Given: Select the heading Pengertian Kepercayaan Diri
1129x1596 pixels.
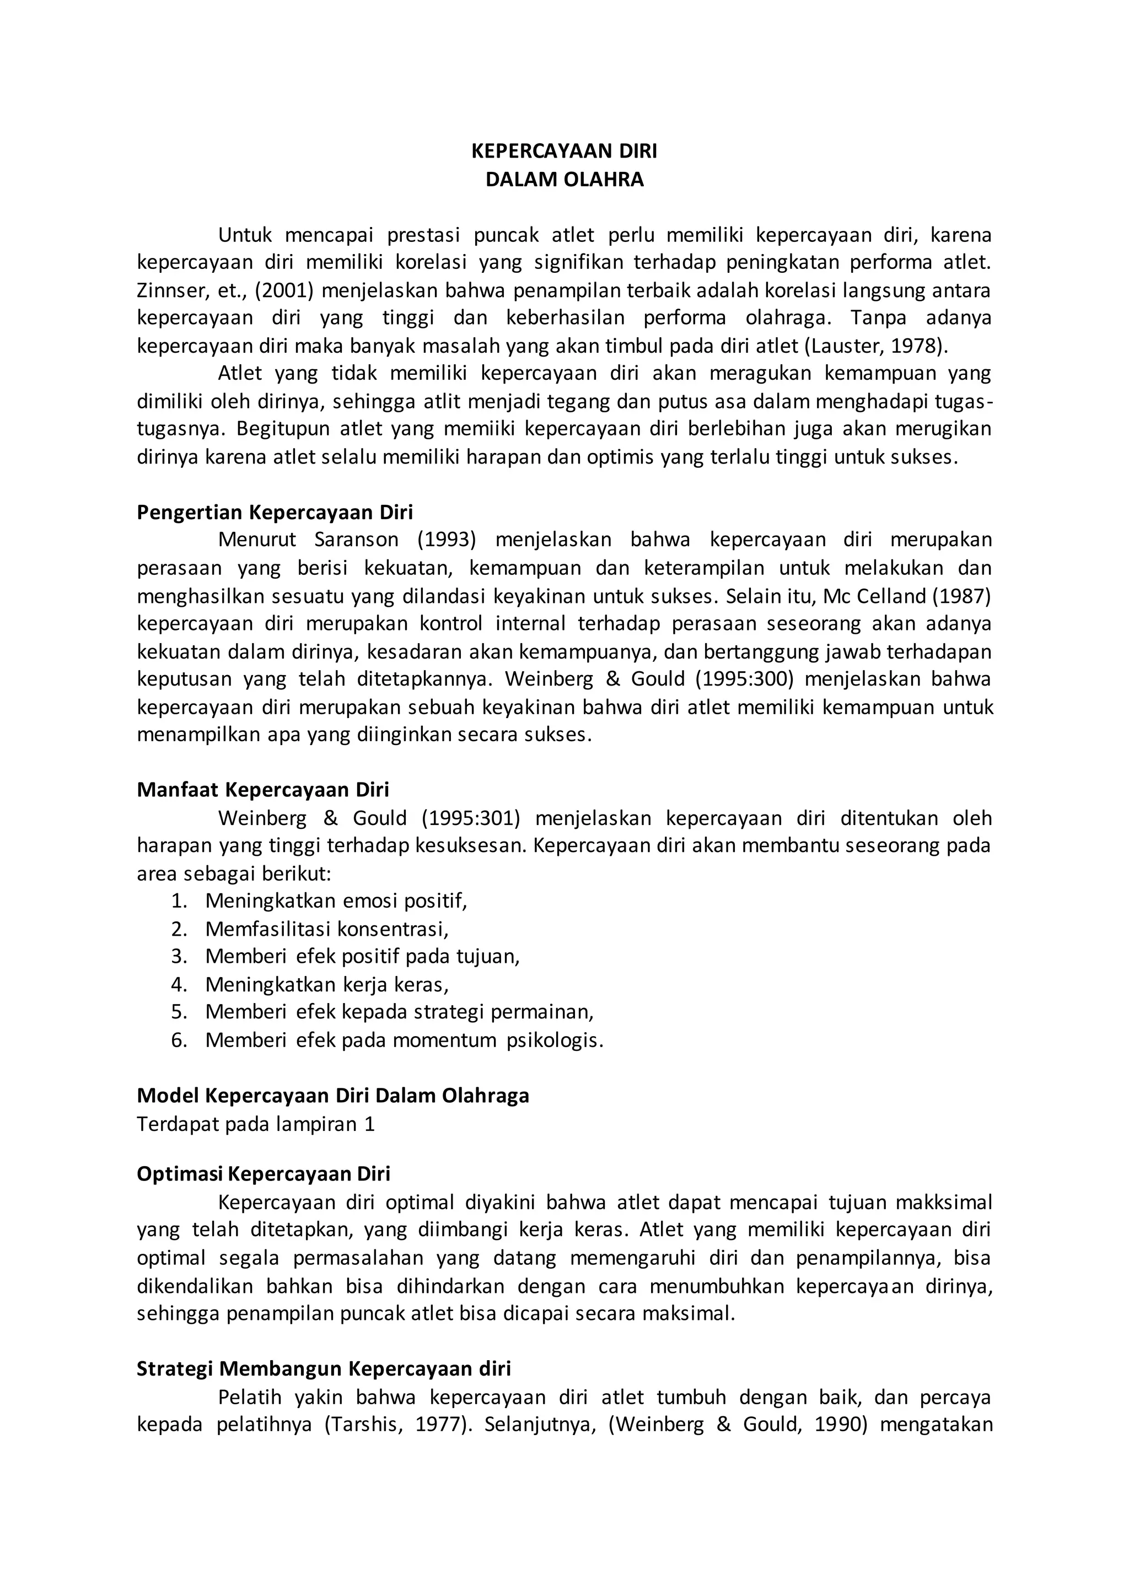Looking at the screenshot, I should pos(275,513).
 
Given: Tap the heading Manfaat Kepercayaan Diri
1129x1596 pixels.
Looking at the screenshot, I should pos(263,790).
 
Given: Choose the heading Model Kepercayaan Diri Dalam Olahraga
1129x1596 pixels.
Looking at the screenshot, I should pos(333,1096).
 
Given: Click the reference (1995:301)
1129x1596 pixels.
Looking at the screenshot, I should pos(471,818).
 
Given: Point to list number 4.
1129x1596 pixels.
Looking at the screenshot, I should pos(179,984).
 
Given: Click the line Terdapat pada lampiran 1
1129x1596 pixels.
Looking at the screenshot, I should pos(256,1124).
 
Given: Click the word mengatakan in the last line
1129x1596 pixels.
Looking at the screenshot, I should pos(936,1425).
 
